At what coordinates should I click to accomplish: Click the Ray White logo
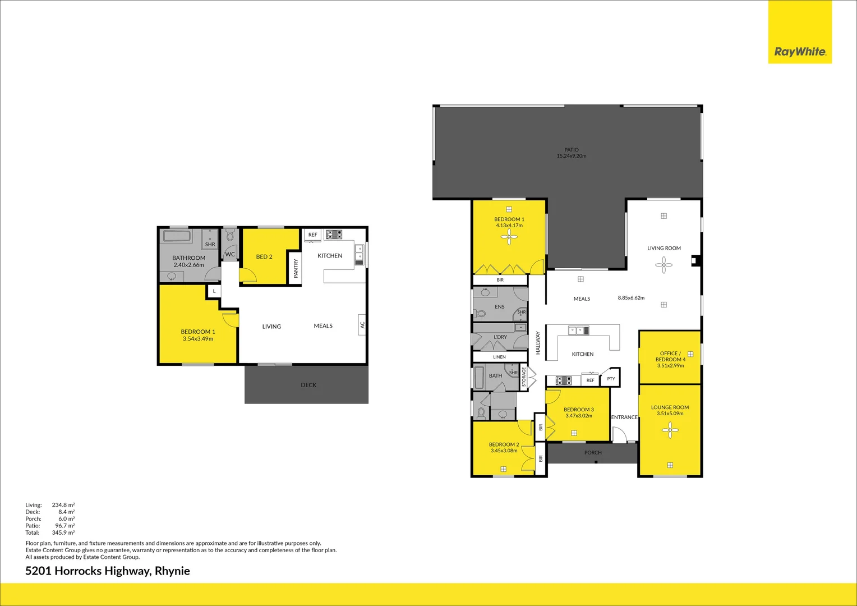click(800, 52)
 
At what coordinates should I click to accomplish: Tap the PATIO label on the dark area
click(571, 150)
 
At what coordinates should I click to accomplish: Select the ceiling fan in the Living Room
click(664, 265)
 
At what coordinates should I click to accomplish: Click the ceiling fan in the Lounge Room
click(670, 430)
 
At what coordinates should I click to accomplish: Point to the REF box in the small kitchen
click(312, 235)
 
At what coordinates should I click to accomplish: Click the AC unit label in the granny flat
click(362, 325)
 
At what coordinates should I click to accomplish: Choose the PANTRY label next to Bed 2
click(296, 268)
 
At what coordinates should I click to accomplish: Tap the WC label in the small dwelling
click(230, 254)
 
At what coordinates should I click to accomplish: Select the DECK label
click(308, 385)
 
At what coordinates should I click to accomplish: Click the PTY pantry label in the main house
click(611, 379)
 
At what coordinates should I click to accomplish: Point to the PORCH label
click(593, 452)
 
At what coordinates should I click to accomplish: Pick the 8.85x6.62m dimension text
click(631, 298)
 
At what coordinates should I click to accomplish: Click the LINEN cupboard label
click(499, 357)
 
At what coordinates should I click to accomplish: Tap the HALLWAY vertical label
click(538, 343)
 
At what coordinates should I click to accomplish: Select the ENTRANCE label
click(624, 417)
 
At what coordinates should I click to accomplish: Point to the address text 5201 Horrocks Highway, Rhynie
click(108, 571)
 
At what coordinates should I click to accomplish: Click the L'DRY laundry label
click(500, 337)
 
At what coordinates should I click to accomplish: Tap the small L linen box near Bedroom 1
click(214, 291)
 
